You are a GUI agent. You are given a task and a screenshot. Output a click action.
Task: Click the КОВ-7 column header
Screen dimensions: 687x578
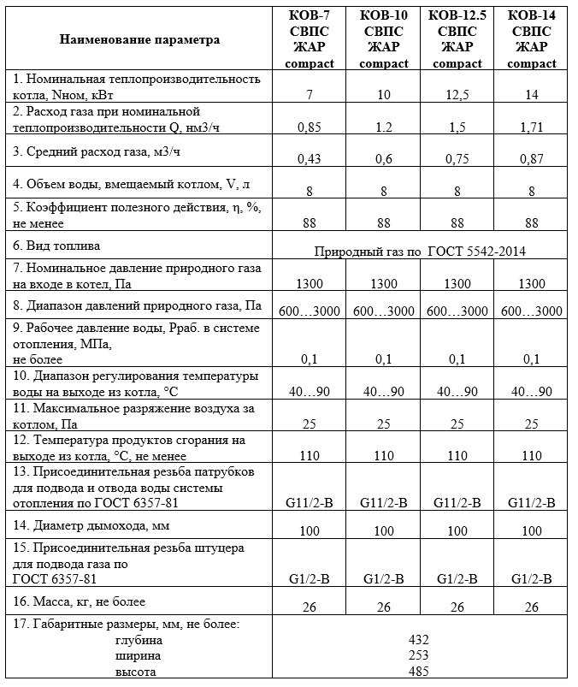coord(309,39)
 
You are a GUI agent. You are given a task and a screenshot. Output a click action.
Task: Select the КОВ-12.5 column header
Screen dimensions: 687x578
coord(457,39)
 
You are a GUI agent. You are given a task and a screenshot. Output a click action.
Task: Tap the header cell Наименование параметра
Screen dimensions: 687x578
coord(139,39)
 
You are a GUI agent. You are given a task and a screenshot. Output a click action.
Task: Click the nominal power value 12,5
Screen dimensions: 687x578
coord(457,93)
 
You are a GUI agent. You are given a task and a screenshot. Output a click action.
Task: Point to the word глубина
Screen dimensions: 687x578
coord(139,640)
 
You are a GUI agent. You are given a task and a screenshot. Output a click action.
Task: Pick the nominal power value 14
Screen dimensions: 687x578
coord(531,93)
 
